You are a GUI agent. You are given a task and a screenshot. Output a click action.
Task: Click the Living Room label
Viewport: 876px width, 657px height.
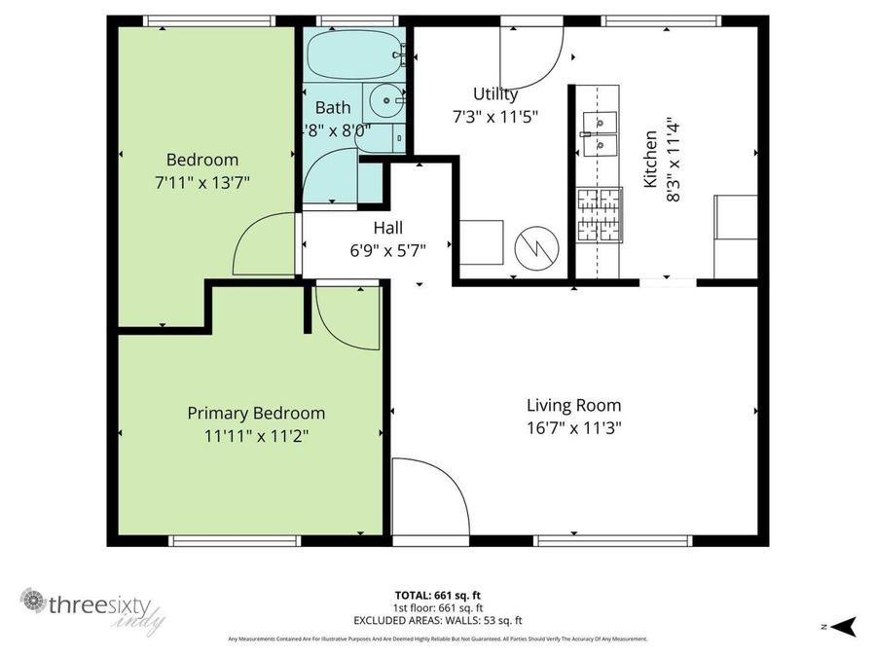click(573, 405)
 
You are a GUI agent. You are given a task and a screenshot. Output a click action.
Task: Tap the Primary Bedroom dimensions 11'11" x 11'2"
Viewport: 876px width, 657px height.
click(256, 436)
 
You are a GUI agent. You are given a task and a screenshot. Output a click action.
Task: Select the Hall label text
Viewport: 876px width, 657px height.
click(388, 228)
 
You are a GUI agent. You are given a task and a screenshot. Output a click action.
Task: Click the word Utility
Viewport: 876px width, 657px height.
click(495, 94)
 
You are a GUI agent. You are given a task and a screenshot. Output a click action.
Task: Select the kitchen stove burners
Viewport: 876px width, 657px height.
click(598, 215)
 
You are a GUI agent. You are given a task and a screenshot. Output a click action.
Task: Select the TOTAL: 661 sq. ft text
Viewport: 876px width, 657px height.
click(437, 595)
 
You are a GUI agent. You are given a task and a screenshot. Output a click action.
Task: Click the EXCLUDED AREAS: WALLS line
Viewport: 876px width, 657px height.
click(437, 620)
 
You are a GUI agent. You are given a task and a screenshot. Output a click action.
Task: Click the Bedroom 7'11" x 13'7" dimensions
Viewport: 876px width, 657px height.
click(201, 182)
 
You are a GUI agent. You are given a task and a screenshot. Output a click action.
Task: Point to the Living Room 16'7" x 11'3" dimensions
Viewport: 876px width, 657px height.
click(573, 427)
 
